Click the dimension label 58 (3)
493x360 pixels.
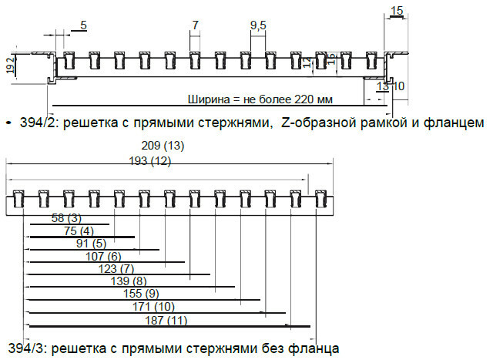tap(66, 218)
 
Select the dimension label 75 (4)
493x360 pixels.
tap(79, 230)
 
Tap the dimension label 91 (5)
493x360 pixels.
tap(91, 244)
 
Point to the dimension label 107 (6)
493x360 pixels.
tap(103, 256)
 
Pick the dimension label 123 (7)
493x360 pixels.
tap(116, 268)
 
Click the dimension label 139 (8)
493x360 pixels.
tap(129, 281)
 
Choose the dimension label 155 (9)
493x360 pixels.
tap(141, 294)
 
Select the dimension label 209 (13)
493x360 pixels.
tap(163, 146)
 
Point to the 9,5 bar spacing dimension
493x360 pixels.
tap(258, 25)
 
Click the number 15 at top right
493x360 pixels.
tap(397, 10)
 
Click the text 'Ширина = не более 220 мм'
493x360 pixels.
tap(260, 99)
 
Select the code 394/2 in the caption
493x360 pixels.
tap(32, 122)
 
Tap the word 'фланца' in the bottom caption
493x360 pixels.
tap(314, 348)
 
